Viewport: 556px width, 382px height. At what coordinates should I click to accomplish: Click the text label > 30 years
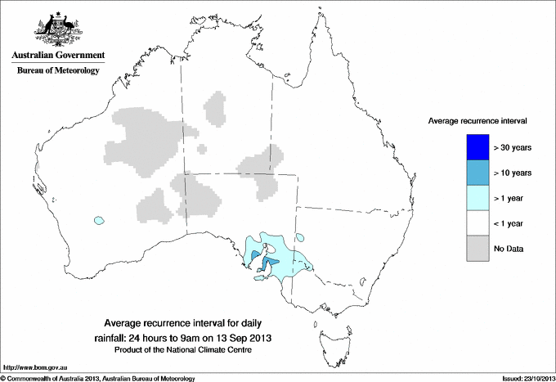513,148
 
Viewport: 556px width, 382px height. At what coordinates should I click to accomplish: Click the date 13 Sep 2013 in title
247,337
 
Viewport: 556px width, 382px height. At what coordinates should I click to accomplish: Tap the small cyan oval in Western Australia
100,220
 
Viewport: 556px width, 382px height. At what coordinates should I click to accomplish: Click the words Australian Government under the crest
55,56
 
